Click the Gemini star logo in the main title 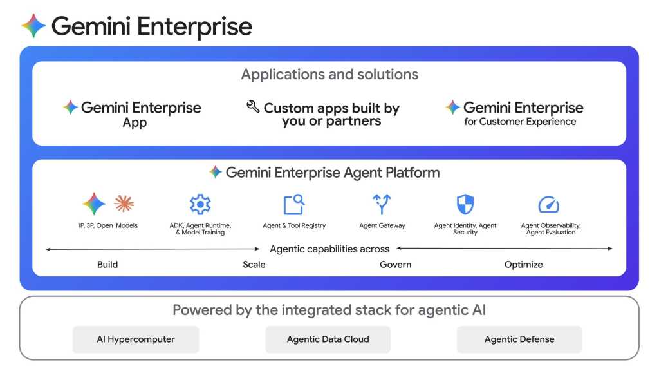[34, 26]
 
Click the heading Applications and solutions [329, 74]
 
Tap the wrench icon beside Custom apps [253, 106]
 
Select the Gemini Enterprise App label [135, 114]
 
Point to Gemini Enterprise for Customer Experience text [520, 113]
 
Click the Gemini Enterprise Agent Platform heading [325, 172]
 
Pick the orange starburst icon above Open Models [124, 204]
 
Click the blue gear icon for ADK [200, 204]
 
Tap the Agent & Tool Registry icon [294, 204]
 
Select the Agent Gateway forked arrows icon [382, 204]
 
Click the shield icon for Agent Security [465, 204]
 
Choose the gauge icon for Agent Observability [548, 205]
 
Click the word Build [107, 264]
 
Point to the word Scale [254, 264]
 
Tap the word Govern [395, 264]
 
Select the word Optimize [523, 264]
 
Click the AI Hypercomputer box [136, 339]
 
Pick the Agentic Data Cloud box [328, 339]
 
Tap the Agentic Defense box [519, 339]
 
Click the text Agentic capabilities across [329, 249]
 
